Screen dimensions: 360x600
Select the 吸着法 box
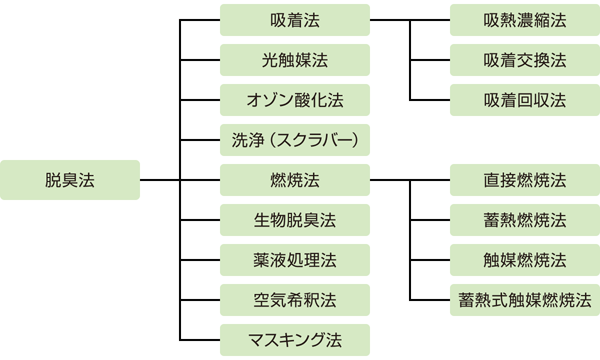[x=294, y=20]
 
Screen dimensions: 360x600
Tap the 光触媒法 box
[x=294, y=60]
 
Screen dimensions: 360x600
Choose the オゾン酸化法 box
[x=294, y=100]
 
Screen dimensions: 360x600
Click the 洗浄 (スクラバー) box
[x=294, y=140]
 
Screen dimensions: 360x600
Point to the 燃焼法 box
[x=294, y=180]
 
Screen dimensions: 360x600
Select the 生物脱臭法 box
[x=294, y=220]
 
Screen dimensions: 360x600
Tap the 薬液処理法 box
[x=294, y=260]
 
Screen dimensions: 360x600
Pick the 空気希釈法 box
[x=294, y=300]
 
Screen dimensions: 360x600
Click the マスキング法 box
[x=294, y=340]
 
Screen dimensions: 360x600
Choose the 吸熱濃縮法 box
[x=524, y=20]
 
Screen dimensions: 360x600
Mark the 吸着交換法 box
[x=524, y=60]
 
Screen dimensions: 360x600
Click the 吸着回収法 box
[x=524, y=100]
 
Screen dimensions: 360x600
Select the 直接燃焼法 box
[x=524, y=180]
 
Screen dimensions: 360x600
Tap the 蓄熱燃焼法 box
[x=524, y=220]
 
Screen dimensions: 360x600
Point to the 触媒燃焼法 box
[x=524, y=260]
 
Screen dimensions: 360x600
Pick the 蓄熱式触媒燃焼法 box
[x=524, y=300]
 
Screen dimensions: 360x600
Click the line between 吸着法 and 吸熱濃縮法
[x=410, y=20]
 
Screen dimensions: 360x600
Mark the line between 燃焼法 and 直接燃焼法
[x=410, y=180]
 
